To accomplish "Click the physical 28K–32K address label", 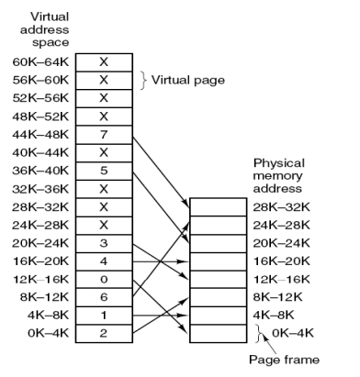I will (x=283, y=208).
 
